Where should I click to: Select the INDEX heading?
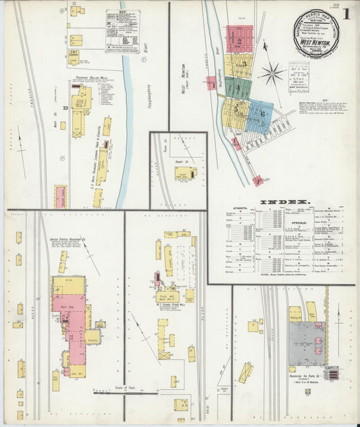284,202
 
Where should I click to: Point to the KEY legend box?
122,31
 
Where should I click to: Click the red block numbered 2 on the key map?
239,40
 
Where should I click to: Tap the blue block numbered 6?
261,114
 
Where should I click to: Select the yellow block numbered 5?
237,108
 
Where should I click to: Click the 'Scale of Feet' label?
99,385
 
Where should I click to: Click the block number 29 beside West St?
66,108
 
